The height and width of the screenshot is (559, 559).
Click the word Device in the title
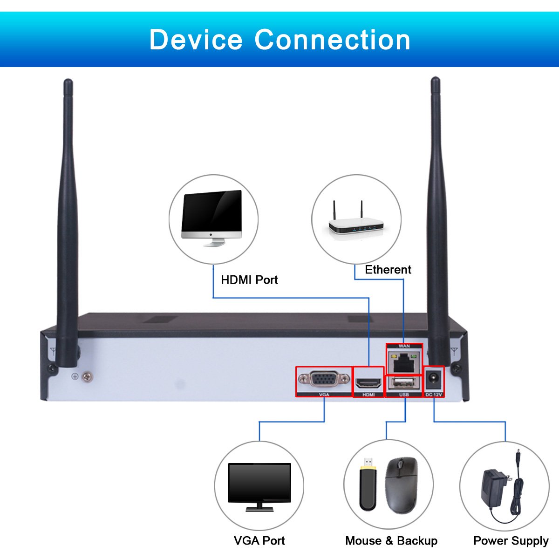tap(196, 40)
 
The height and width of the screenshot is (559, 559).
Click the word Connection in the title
tap(333, 40)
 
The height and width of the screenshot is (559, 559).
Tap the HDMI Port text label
tap(249, 280)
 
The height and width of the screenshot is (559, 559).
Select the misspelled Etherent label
tap(388, 270)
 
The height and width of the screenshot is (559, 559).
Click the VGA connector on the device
tap(324, 379)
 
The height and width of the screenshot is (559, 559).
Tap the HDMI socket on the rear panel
tap(368, 383)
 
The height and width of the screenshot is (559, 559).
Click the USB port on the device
tap(404, 383)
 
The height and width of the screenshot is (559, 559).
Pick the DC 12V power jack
tap(434, 378)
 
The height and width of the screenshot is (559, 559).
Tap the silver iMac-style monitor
tap(211, 218)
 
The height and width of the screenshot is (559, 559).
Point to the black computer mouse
tap(401, 485)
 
